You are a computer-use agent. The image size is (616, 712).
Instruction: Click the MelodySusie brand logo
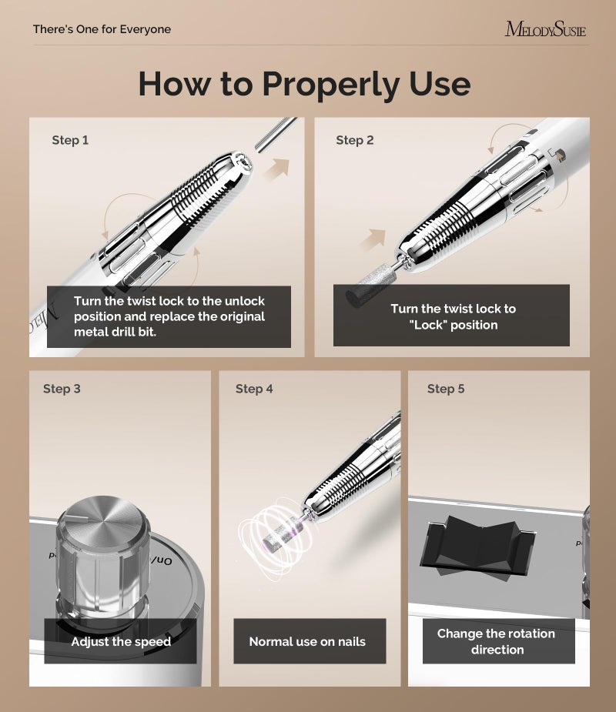pos(545,30)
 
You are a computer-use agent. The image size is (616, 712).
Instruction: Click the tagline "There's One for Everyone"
pos(102,29)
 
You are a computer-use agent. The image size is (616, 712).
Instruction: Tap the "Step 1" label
pos(70,140)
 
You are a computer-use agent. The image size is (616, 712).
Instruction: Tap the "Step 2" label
pos(354,140)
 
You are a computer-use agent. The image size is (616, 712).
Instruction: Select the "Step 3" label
pos(62,389)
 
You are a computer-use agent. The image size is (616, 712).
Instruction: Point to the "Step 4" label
pos(254,389)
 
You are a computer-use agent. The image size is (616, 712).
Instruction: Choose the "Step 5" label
pos(446,389)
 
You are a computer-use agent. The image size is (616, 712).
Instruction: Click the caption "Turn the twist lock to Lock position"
pos(453,316)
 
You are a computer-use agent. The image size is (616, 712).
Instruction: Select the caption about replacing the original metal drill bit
pos(169,316)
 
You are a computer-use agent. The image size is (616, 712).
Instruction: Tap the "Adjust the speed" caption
pos(121,641)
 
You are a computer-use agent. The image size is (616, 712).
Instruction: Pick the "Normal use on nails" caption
pos(307,641)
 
